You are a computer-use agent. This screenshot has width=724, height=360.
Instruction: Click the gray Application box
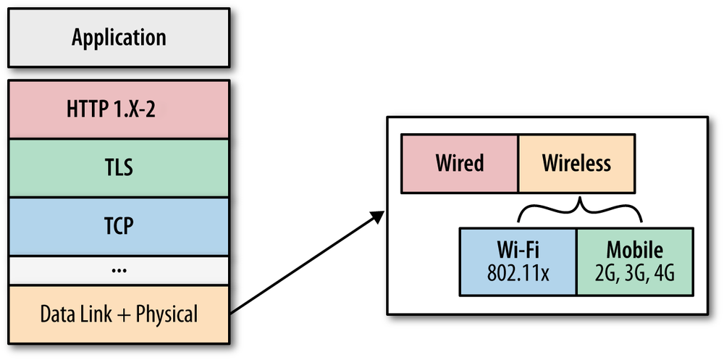pos(119,38)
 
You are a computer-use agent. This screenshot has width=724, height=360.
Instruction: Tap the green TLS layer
pos(119,169)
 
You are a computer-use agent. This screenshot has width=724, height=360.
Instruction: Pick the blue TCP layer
pos(119,226)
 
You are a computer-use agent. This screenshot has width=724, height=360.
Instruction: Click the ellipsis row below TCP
pos(119,270)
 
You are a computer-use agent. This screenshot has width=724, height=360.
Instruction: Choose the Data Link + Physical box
pos(119,314)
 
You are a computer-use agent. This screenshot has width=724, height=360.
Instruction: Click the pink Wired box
pos(460,163)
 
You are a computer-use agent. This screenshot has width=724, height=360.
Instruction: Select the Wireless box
pos(576,163)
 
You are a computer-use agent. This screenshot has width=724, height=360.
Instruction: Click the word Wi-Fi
pos(518,251)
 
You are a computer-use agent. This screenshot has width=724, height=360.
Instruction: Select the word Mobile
pos(634,251)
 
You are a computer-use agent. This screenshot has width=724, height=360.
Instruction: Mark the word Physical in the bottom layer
pos(166,314)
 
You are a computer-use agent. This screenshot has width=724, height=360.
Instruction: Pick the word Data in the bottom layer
pos(56,314)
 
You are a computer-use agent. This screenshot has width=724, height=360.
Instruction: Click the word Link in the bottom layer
pos(94,314)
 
